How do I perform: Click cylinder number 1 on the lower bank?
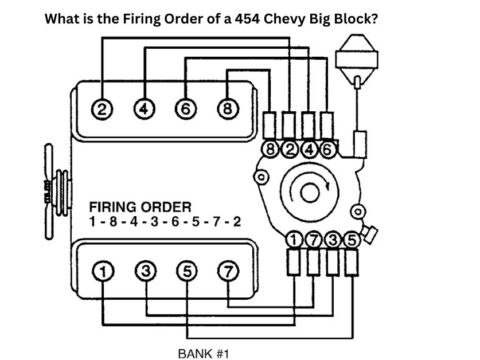point(102,271)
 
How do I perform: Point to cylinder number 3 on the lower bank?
point(144,271)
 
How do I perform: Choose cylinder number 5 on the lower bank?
point(186,271)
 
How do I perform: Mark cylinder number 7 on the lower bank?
point(228,271)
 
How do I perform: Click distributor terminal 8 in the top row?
point(270,150)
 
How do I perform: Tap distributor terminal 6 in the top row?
point(328,150)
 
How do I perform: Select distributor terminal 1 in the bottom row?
point(294,239)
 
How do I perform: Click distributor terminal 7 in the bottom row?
point(312,239)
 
